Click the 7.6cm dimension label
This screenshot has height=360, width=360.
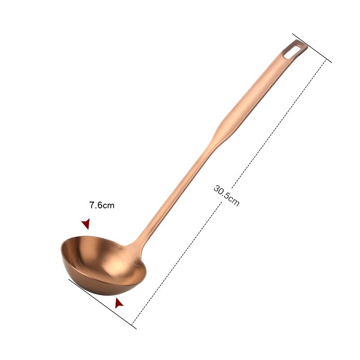102,206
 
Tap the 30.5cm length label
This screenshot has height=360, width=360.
226,195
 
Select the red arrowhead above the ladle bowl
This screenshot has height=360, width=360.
85,224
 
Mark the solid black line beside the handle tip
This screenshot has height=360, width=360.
311,47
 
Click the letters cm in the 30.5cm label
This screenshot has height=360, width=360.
234,201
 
